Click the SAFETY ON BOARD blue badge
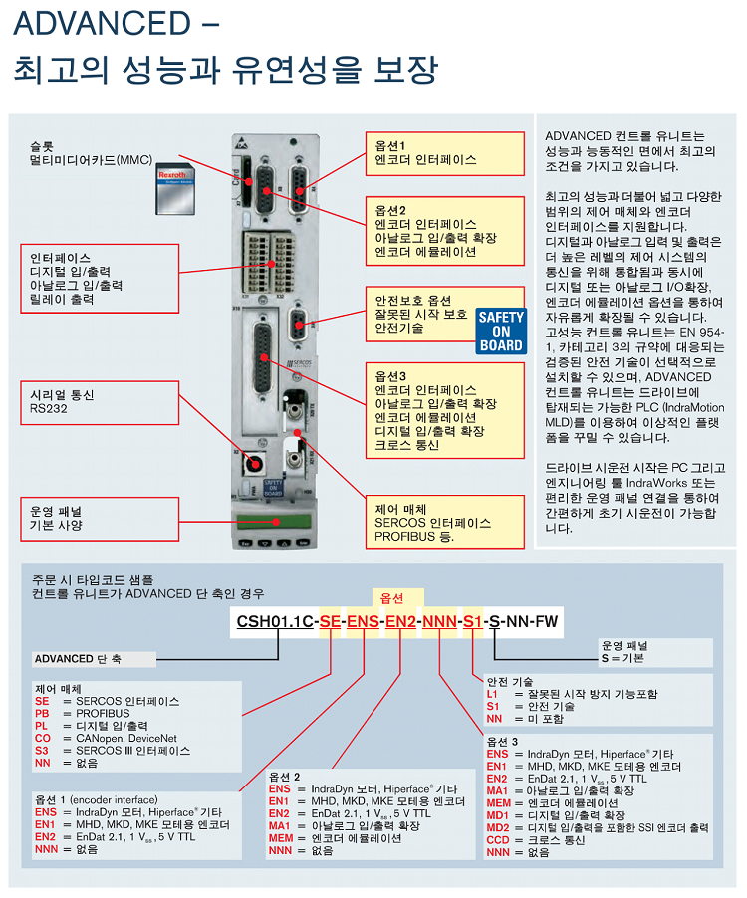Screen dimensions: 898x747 click(500, 332)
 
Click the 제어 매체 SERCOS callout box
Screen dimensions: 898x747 click(445, 522)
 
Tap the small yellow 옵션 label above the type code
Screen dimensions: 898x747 click(392, 598)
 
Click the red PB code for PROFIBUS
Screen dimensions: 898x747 click(42, 714)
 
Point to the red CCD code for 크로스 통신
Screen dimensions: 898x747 click(498, 839)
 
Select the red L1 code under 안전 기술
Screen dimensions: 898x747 click(492, 694)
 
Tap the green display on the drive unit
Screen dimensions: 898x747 click(272, 518)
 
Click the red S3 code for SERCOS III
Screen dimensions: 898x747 click(42, 751)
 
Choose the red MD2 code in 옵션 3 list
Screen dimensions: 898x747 click(498, 827)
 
